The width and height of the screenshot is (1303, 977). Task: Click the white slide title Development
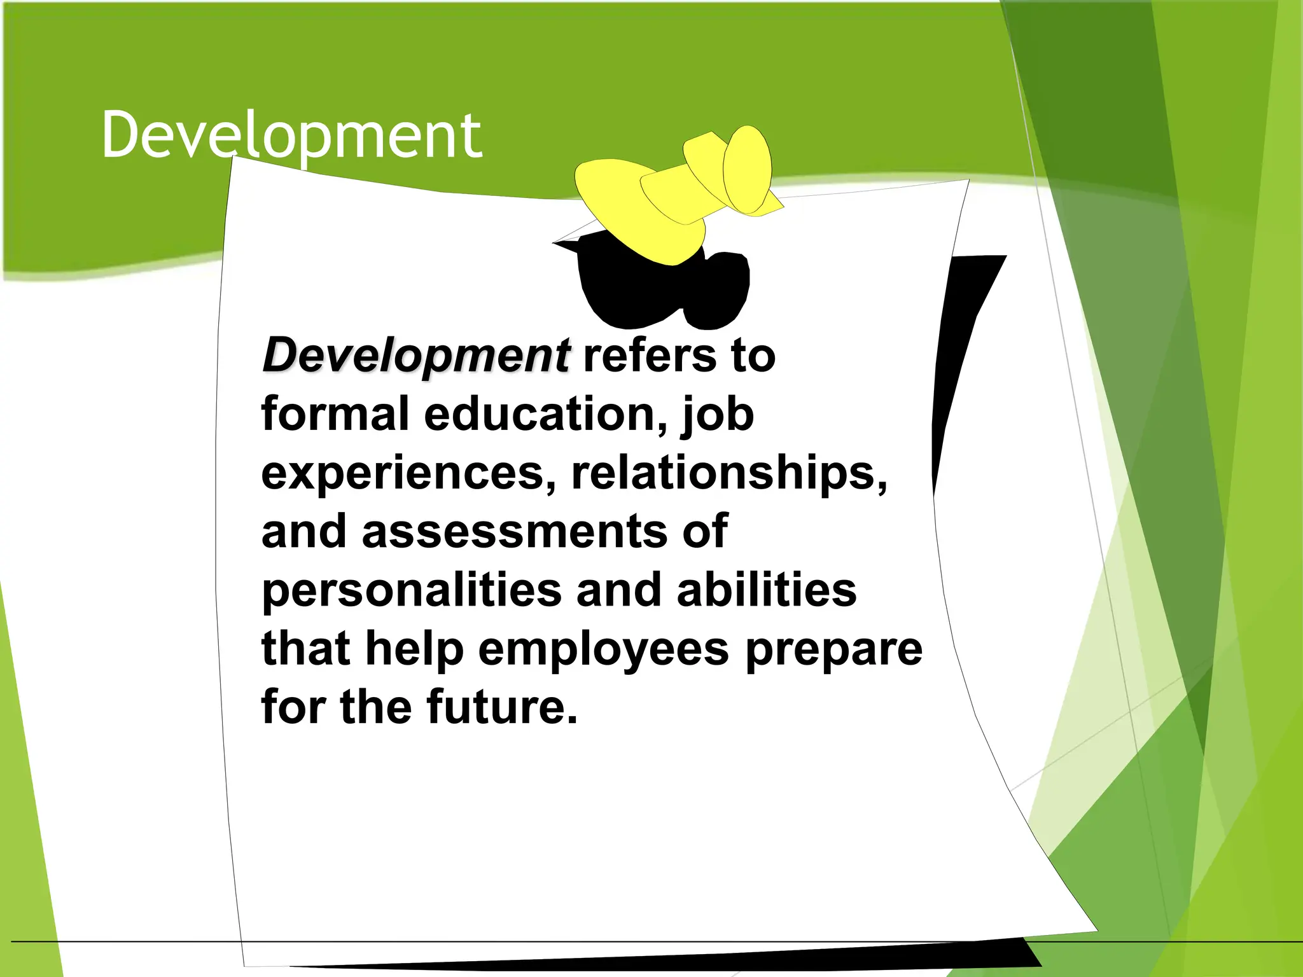[291, 135]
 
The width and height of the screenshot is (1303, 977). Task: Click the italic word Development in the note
[416, 355]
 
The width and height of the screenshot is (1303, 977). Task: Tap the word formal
[335, 413]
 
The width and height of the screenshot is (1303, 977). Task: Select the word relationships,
[729, 474]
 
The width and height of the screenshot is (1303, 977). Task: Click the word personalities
[412, 590]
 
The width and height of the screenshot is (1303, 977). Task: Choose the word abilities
[767, 589]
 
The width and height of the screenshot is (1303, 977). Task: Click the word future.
[502, 707]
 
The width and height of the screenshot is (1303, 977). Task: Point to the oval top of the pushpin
[748, 169]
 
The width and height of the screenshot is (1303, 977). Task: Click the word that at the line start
[305, 649]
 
